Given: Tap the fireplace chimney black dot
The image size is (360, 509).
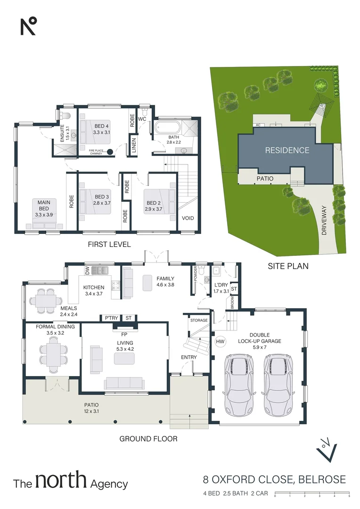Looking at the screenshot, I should (x=110, y=152).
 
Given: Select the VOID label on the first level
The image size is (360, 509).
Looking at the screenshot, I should (x=188, y=218).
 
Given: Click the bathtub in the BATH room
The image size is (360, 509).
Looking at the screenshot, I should (x=167, y=127).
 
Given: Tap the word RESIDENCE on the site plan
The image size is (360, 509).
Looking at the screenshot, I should (x=287, y=150).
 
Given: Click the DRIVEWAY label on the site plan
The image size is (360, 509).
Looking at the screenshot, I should (x=325, y=221).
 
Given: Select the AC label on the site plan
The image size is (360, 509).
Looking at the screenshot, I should (x=257, y=125).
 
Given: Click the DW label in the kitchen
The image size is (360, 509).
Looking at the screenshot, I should (x=87, y=271).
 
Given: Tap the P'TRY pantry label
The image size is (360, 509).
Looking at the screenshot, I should (x=111, y=318).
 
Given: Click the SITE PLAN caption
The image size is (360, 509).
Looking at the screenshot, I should (x=288, y=266).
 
